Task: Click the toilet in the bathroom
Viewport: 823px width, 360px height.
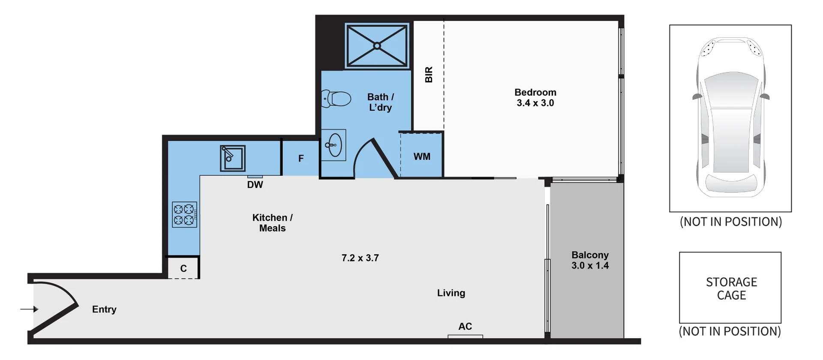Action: (x=336, y=99)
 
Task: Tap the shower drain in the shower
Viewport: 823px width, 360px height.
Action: (x=377, y=46)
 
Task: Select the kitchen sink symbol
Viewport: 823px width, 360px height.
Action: (x=232, y=158)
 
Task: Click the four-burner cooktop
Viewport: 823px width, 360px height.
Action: (x=185, y=214)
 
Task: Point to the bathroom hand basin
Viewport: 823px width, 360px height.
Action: (x=334, y=145)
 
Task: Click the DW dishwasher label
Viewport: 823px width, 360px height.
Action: (x=255, y=185)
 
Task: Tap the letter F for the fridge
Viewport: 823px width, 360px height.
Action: (x=301, y=159)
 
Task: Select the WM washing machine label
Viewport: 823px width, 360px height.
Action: (x=422, y=157)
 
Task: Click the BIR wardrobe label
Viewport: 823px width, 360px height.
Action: (x=429, y=75)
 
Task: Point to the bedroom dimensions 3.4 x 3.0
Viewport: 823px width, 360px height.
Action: (x=535, y=103)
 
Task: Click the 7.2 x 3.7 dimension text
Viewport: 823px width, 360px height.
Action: (x=360, y=258)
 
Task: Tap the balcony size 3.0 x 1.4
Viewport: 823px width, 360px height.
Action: (x=590, y=266)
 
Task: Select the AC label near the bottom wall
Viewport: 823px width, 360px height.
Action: (x=465, y=327)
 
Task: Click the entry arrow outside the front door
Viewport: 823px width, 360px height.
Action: (x=30, y=309)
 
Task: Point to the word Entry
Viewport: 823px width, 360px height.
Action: (x=104, y=309)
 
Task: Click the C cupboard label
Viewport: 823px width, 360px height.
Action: (x=183, y=269)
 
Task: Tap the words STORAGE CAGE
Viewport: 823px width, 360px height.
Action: (x=731, y=288)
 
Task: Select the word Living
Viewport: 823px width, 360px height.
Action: (x=451, y=293)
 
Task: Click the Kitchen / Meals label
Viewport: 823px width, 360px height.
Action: (x=272, y=223)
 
